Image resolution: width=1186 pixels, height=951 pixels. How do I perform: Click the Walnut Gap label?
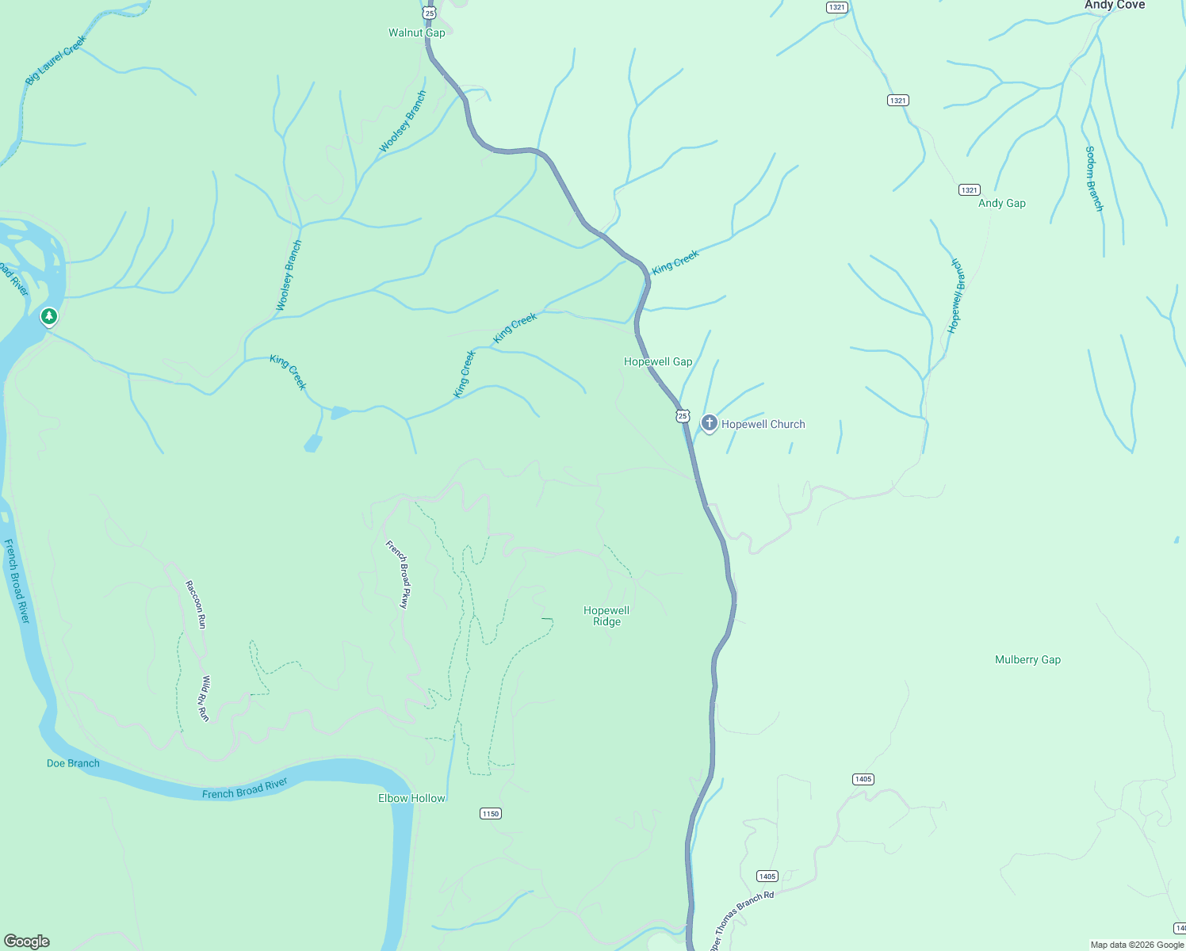pos(416,32)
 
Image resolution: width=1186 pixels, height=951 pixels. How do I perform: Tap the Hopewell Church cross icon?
pos(710,423)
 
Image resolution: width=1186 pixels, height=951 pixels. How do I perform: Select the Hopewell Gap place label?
pos(658,361)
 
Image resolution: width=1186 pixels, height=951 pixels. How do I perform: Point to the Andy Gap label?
pos(1001,203)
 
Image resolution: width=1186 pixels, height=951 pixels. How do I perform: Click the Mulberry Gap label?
pos(1027,659)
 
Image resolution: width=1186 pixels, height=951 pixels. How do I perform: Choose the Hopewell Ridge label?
pos(606,616)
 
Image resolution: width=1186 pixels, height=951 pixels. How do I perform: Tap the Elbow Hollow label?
pos(411,798)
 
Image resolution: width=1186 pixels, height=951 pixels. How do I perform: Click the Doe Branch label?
pos(73,763)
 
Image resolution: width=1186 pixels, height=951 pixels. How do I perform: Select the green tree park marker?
pos(49,317)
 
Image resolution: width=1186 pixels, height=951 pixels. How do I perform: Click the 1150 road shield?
pos(491,814)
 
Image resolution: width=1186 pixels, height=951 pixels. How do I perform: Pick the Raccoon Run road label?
pos(195,605)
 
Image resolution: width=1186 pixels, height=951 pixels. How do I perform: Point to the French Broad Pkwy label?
pos(398,574)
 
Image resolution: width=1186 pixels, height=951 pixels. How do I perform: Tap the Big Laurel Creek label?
pos(55,59)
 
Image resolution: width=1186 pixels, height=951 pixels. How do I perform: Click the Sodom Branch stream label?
pos(1094,178)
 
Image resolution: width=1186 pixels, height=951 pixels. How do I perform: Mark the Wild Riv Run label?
pos(205,698)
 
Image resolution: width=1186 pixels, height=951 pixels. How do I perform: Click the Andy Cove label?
pos(1114,5)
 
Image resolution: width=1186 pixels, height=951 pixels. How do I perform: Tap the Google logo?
pos(27,941)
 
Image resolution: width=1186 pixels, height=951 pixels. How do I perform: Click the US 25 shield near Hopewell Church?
pos(683,416)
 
